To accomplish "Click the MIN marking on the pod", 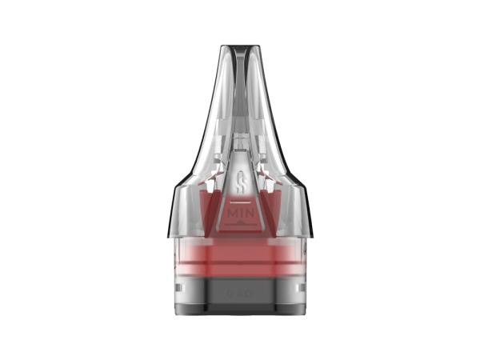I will [x=240, y=215].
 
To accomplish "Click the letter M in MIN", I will [x=231, y=215].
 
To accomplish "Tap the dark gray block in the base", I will [x=240, y=294].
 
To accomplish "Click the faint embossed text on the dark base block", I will [x=240, y=294].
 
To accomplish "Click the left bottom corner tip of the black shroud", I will [x=169, y=237].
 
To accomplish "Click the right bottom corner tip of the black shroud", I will [x=311, y=237].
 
